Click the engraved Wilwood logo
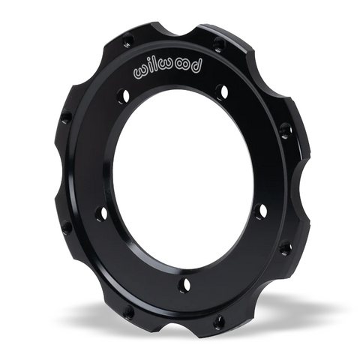pyautogui.click(x=169, y=70)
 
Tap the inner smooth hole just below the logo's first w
pyautogui.click(x=124, y=96)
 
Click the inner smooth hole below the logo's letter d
pyautogui.click(x=222, y=91)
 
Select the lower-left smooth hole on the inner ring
pyautogui.click(x=101, y=214)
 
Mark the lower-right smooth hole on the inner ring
pyautogui.click(x=261, y=212)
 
